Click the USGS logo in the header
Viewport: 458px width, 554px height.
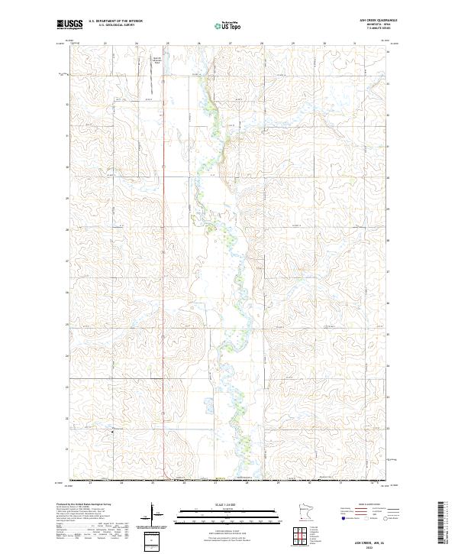(x=69, y=24)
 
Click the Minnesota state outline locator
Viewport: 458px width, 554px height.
(x=305, y=511)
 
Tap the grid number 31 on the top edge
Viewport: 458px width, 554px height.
(x=356, y=44)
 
